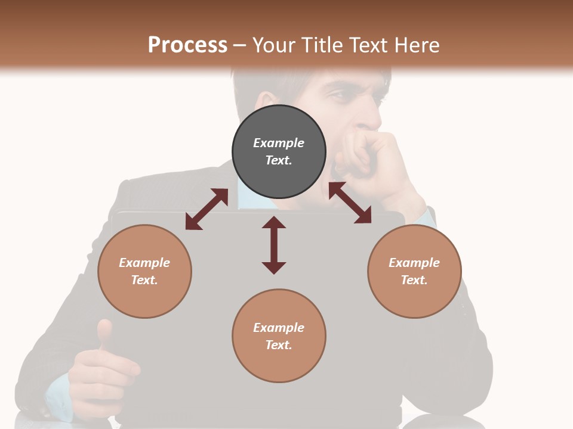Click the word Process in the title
[187, 45]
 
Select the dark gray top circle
[279, 151]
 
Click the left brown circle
[144, 271]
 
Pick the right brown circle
[414, 271]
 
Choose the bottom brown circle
[279, 336]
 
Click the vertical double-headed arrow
[274, 245]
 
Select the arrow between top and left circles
[207, 209]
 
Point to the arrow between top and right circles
[350, 203]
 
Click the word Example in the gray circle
[279, 143]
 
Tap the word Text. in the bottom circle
[279, 345]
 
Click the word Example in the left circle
[144, 263]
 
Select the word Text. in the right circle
[414, 280]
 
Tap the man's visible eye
[338, 95]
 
